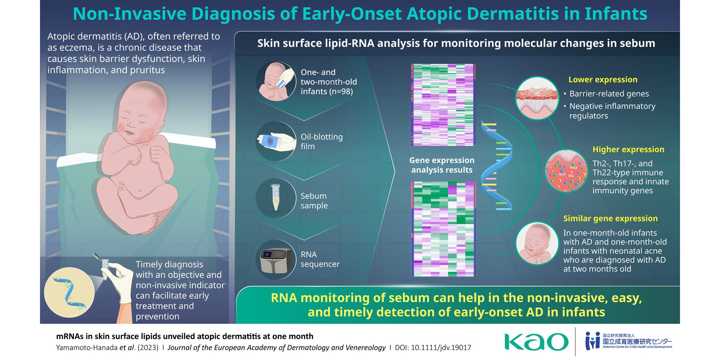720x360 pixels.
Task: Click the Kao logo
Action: [x=536, y=342]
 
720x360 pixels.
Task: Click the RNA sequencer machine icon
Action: [x=275, y=260]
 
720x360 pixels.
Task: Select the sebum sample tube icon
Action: [x=275, y=197]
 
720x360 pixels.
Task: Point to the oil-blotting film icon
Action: [x=275, y=141]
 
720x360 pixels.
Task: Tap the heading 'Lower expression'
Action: [x=603, y=80]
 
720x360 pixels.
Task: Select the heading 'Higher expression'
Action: [x=628, y=149]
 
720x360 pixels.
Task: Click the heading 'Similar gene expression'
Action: [x=610, y=218]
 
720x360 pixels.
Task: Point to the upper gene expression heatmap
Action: [x=443, y=105]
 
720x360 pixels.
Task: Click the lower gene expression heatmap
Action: [x=443, y=229]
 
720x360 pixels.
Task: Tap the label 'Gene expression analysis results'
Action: [x=442, y=165]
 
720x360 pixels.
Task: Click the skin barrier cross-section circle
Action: [x=537, y=98]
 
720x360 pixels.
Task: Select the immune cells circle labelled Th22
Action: [x=566, y=171]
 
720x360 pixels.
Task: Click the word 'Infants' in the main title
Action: [x=616, y=14]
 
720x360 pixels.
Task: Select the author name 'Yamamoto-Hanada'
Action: [x=87, y=348]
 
